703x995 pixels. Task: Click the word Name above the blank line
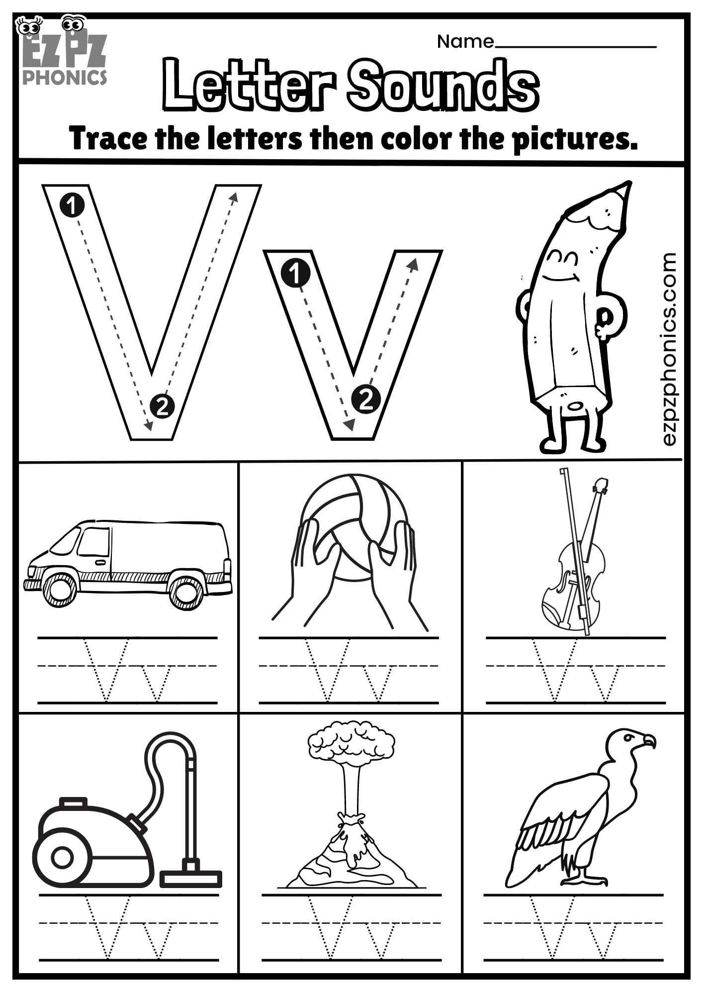(465, 42)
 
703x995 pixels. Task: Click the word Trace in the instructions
(108, 138)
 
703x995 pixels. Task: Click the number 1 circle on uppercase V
(72, 204)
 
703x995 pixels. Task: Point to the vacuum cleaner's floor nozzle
(190, 879)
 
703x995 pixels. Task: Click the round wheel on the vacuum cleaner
(63, 857)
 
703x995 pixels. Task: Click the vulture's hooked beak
(649, 741)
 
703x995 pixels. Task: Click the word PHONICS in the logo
(64, 78)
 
